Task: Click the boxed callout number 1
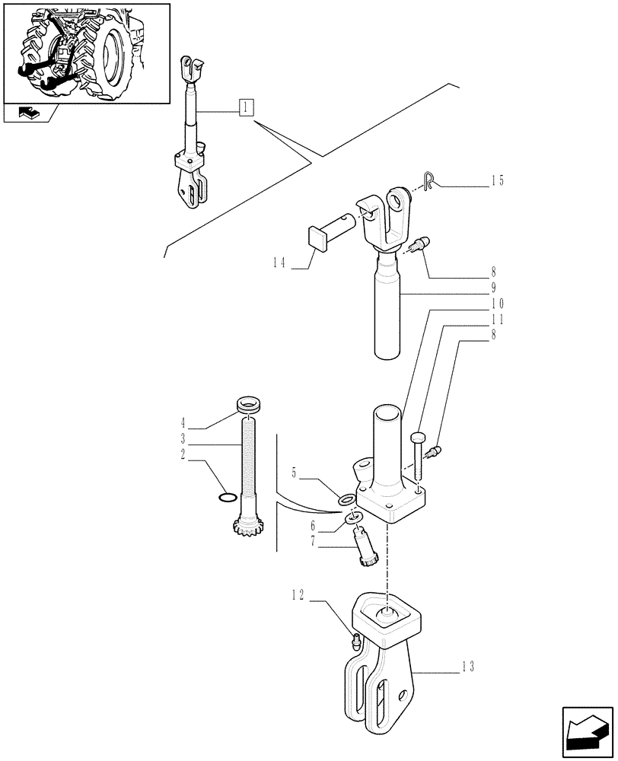[x=245, y=107]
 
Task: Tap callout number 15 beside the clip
[x=498, y=181]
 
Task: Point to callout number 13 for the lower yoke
[x=467, y=667]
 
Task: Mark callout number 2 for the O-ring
[x=183, y=456]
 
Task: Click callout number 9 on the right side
[x=494, y=288]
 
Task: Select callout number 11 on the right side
[x=498, y=320]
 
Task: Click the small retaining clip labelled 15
[x=429, y=180]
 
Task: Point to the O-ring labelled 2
[x=225, y=498]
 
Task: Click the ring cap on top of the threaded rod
[x=248, y=403]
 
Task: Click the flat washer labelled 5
[x=346, y=500]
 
